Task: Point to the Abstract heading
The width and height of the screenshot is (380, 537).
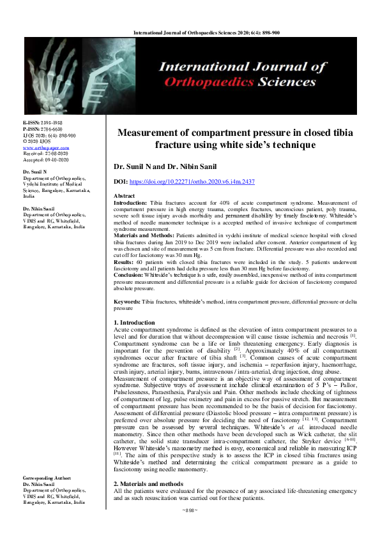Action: point(124,195)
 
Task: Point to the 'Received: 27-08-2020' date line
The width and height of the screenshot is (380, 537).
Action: point(45,153)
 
